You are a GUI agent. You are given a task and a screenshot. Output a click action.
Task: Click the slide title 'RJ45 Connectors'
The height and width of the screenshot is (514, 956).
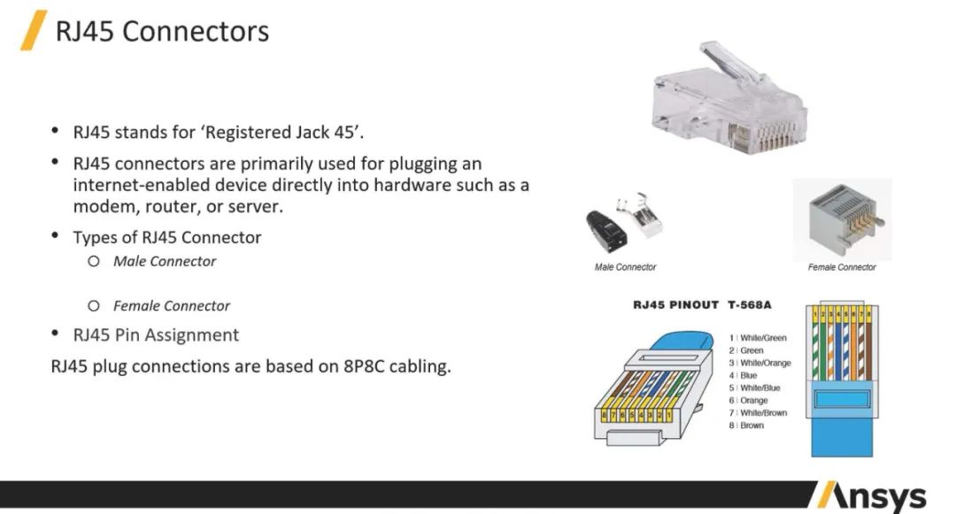coord(162,32)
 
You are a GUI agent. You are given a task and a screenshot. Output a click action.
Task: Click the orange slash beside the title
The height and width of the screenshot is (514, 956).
coord(34,31)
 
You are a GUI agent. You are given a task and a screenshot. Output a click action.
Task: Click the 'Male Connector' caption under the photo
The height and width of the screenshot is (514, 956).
coord(625,267)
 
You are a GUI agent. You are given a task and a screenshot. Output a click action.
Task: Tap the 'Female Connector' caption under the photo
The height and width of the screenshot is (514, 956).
coord(842,267)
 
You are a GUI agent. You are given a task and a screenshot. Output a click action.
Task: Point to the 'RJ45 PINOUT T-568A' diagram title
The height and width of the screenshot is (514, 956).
coord(702,305)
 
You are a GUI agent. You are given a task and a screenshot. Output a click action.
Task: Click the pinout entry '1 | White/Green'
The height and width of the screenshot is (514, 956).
coord(758,338)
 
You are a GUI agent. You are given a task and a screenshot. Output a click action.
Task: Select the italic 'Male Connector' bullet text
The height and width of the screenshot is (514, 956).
coord(164,261)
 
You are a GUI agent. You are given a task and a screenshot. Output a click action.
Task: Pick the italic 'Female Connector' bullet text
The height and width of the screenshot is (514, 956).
coord(171,306)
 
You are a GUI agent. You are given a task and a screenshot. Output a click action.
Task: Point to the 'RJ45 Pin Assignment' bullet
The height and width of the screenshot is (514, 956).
coord(156,335)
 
